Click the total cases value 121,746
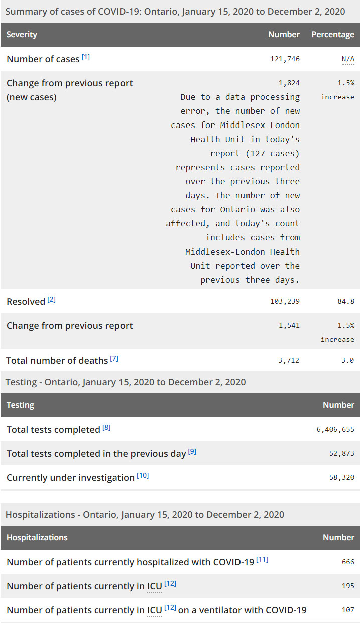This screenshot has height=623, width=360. point(285,59)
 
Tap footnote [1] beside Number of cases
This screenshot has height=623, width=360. point(86,58)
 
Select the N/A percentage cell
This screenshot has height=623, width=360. point(348,59)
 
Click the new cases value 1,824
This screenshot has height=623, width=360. point(289,83)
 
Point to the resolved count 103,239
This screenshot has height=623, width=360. point(285,302)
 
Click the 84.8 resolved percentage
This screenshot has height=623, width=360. point(346,302)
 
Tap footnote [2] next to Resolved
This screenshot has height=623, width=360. point(52,300)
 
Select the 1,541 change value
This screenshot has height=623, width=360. point(289,326)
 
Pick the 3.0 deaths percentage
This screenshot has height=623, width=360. point(348,360)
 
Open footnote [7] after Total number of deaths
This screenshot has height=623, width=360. point(114,359)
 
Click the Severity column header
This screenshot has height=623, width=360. point(22,35)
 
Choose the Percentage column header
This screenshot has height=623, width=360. point(333,35)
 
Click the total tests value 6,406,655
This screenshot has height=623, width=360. point(335,430)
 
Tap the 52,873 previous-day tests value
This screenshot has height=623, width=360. point(342,454)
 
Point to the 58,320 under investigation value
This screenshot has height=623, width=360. point(342,478)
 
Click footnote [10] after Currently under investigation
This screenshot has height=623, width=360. point(143,476)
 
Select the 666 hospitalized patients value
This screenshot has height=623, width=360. point(348,562)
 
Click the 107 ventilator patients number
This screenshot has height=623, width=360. point(348,610)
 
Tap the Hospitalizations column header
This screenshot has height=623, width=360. point(37,538)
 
